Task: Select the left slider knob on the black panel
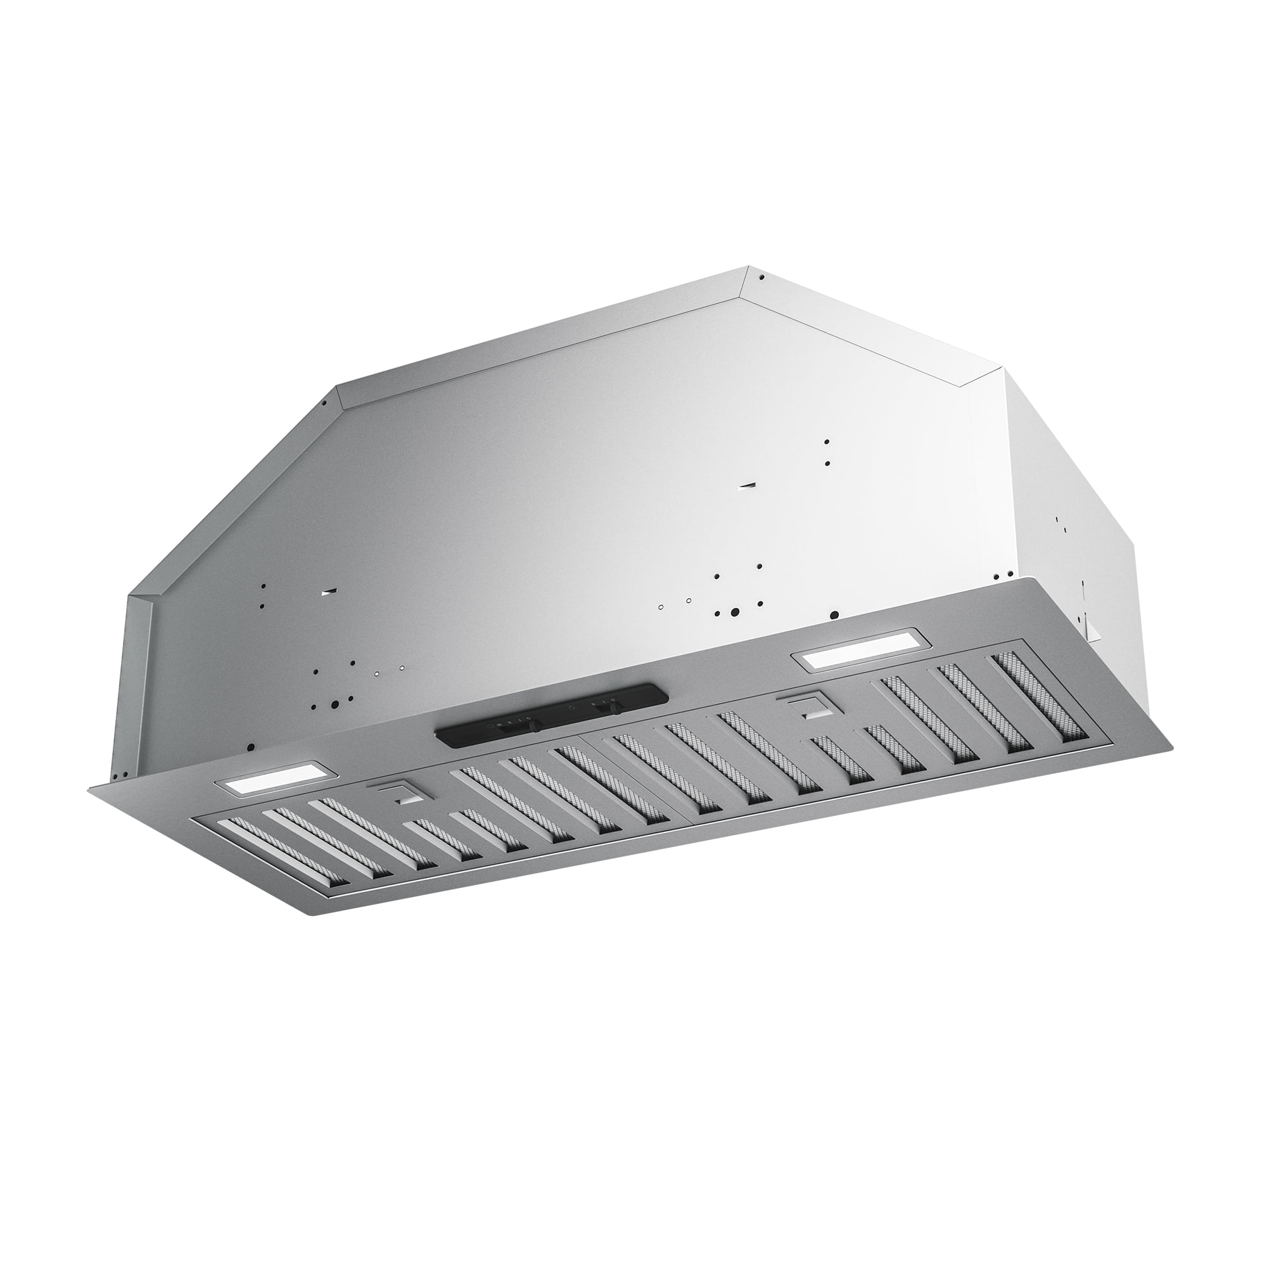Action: pyautogui.click(x=535, y=725)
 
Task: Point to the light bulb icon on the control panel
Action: pyautogui.click(x=572, y=708)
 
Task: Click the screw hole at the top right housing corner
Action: pyautogui.click(x=761, y=277)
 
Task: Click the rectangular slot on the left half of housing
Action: pyautogui.click(x=329, y=592)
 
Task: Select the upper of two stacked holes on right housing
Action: pyautogui.click(x=827, y=442)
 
